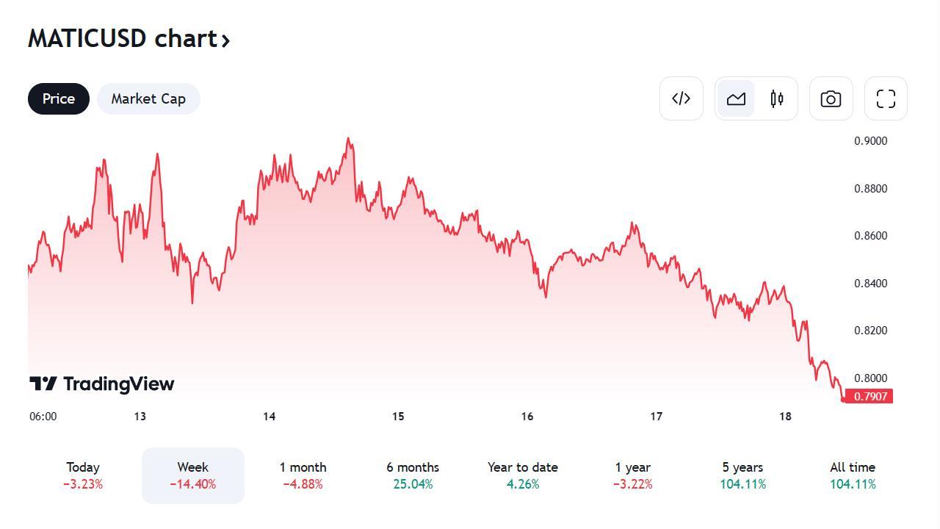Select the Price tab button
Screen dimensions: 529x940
[x=59, y=99]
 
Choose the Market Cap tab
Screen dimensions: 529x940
[x=148, y=99]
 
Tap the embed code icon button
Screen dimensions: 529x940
[x=681, y=98]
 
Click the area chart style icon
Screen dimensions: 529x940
[x=736, y=98]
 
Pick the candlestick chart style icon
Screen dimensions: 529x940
[x=777, y=98]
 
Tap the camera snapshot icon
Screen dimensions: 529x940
[x=831, y=98]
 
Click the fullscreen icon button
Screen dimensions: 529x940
[x=886, y=98]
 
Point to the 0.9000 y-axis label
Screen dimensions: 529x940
[x=870, y=141]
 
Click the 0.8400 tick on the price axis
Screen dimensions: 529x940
[x=870, y=284]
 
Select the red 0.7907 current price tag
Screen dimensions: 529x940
[x=869, y=397]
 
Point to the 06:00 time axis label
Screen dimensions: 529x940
[x=43, y=417]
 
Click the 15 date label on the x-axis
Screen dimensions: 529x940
[x=398, y=417]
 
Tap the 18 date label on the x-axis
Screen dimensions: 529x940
[x=785, y=417]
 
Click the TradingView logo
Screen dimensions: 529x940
[x=102, y=384]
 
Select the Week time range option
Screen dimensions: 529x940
[x=192, y=475]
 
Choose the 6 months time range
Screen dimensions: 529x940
[x=413, y=475]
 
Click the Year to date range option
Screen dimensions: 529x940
[x=522, y=475]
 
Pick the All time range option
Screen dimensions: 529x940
[x=853, y=475]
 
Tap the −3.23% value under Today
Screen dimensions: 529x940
[x=83, y=484]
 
